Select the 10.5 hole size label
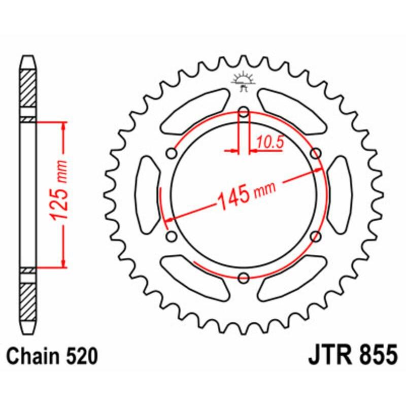pos(269,143)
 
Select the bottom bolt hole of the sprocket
pos(244,278)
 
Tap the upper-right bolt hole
pos(316,153)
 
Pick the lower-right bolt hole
pos(316,236)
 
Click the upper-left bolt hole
pos(172,153)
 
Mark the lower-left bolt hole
pos(172,236)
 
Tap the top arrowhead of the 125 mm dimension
pos(63,125)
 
